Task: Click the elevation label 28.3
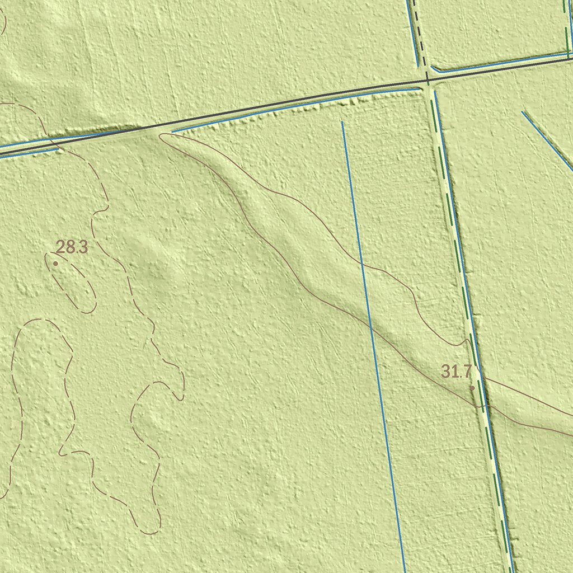72,247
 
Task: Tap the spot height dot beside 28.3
55,263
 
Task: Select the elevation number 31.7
457,371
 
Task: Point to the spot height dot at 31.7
472,388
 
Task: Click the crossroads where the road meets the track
428,80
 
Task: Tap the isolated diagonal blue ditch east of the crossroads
547,141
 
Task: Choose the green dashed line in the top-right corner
566,28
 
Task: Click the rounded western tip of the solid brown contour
162,136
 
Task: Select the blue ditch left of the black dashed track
412,34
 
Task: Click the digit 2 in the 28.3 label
60,247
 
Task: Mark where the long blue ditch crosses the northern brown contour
357,259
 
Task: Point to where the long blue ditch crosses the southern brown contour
370,324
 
